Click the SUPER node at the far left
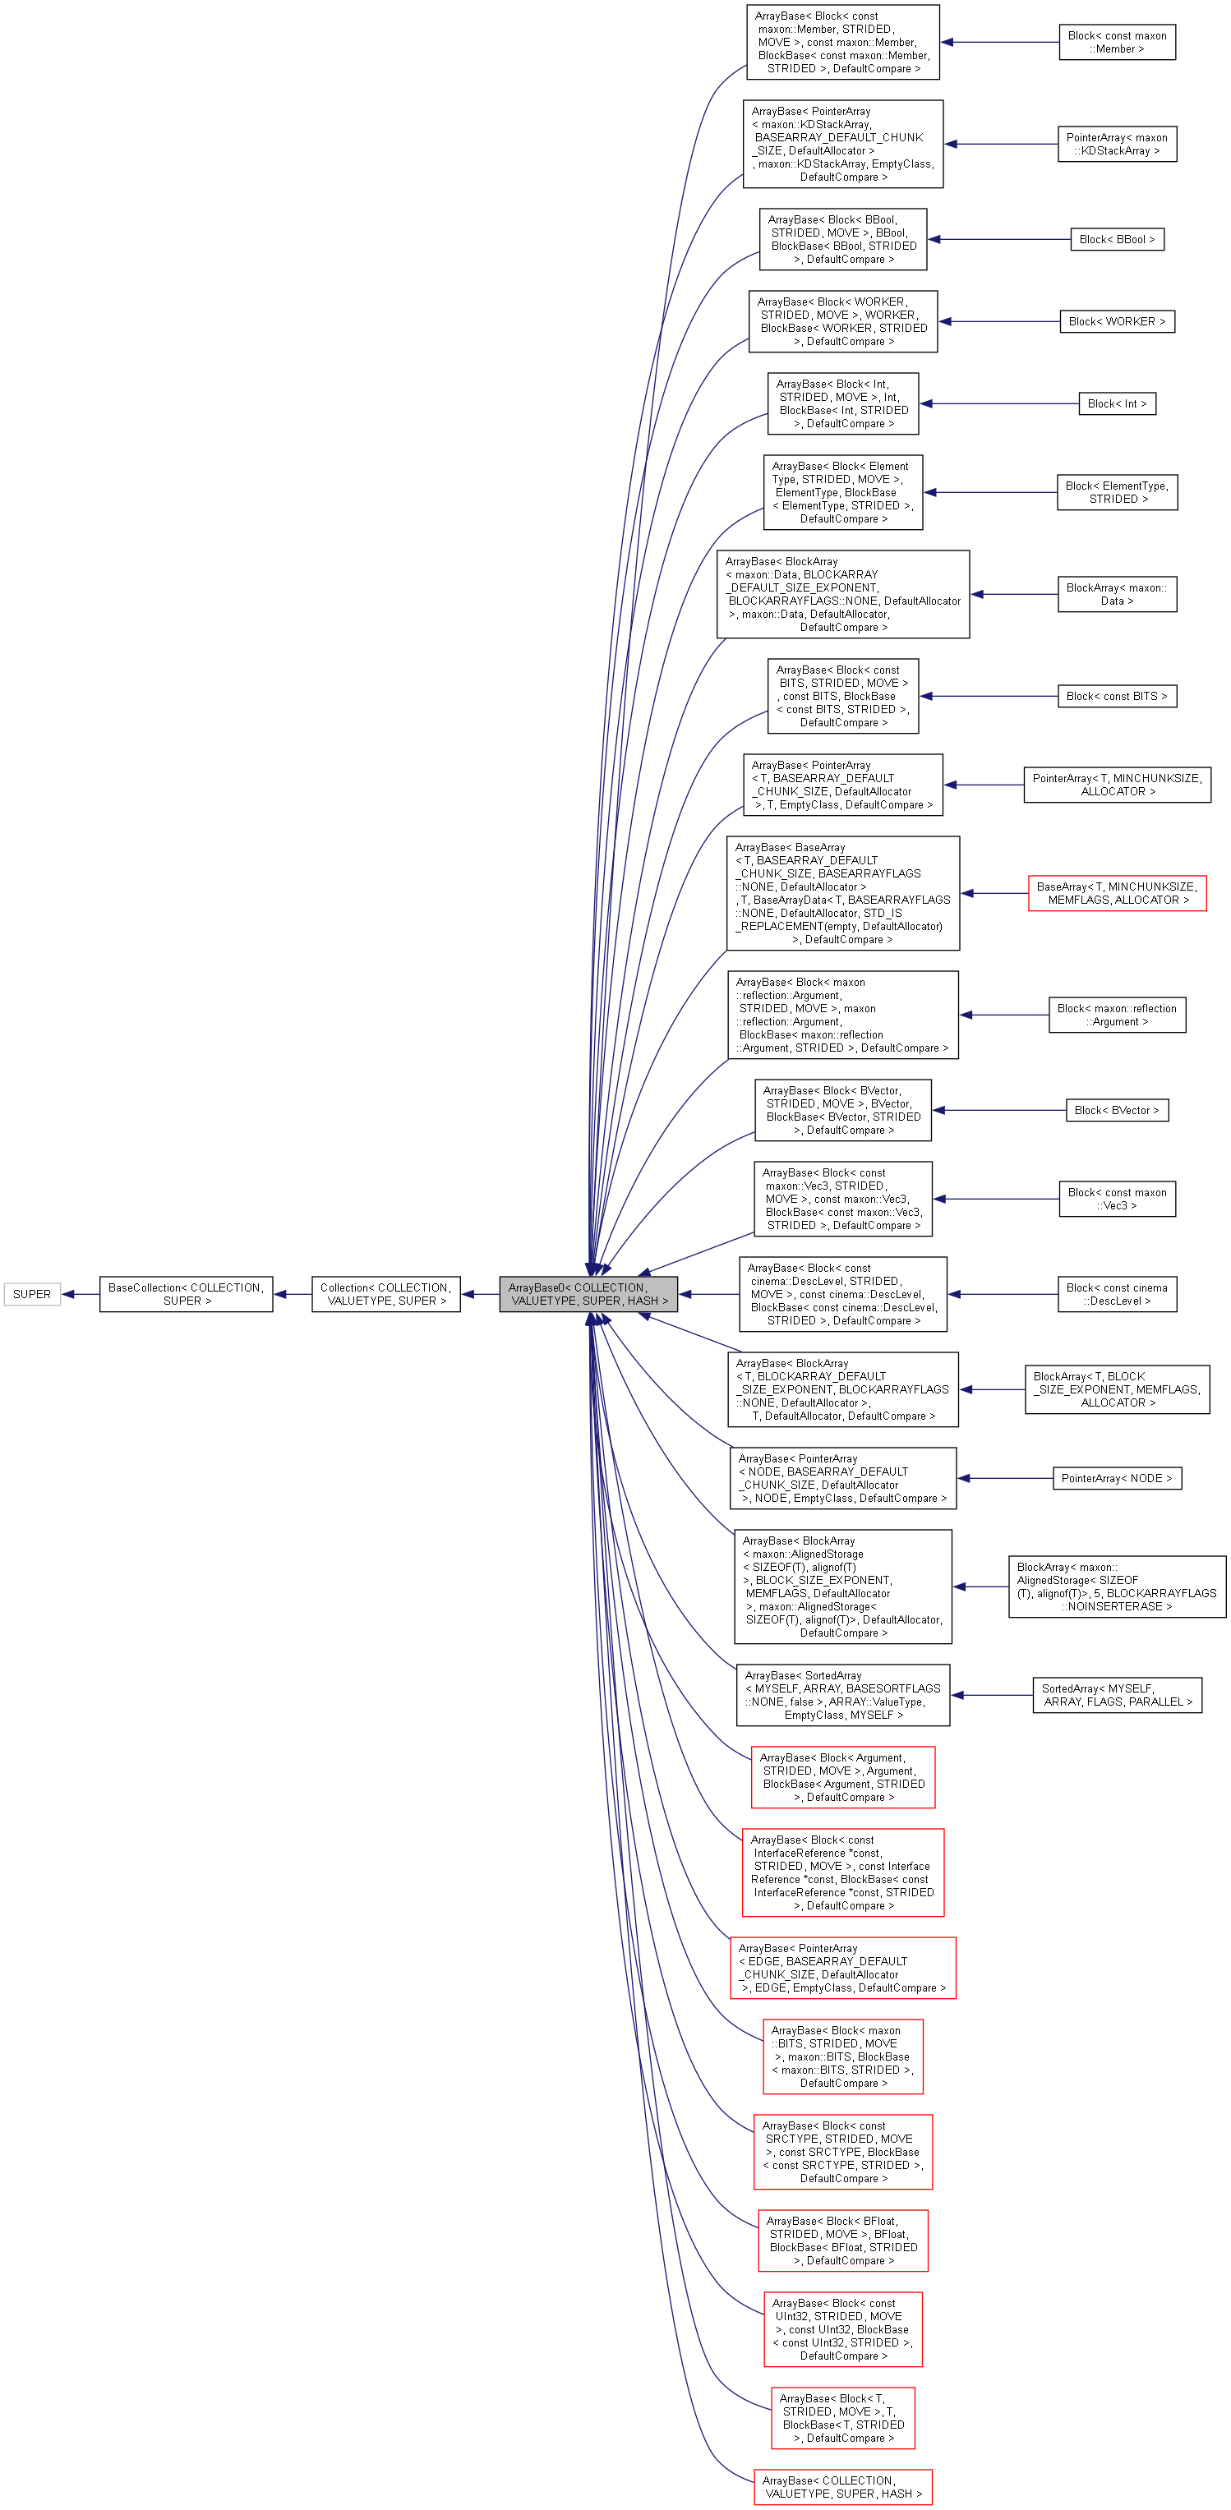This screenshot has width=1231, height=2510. [x=31, y=1294]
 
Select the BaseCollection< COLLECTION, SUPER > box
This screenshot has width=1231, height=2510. [x=185, y=1294]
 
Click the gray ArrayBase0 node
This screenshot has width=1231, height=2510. [x=588, y=1294]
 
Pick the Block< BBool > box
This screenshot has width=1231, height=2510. [x=1116, y=240]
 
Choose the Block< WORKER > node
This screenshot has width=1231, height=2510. [x=1116, y=321]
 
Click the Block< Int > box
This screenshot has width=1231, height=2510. [x=1116, y=403]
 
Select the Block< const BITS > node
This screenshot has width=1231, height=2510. [x=1116, y=697]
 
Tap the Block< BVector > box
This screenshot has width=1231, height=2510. [x=1116, y=1110]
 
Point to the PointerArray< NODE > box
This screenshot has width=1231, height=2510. [x=1116, y=1478]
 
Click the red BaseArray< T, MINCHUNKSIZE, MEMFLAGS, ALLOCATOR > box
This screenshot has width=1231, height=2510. [x=1116, y=894]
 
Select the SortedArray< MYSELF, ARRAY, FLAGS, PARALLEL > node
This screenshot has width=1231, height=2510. [x=1116, y=1696]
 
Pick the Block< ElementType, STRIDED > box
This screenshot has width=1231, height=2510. [x=1116, y=492]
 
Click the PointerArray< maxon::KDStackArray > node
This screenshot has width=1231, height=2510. [x=1116, y=145]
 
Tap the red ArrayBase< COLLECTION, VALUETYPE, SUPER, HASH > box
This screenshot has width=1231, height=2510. [x=842, y=2487]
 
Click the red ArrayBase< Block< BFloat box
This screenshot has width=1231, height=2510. [x=842, y=2240]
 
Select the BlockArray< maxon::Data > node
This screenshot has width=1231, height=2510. [x=1116, y=594]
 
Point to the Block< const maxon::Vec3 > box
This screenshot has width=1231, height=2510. [x=1116, y=1199]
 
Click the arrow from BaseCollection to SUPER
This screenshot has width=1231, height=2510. [x=80, y=1294]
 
